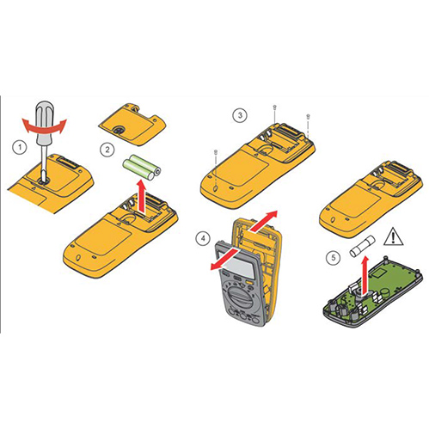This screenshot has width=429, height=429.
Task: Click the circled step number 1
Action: (20, 147)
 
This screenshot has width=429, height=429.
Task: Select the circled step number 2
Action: (107, 150)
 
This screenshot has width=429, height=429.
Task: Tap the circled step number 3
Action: (240, 115)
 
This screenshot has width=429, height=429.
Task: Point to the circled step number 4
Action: (203, 238)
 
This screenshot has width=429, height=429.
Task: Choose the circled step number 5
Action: (333, 257)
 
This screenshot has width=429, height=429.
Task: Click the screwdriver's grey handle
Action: (44, 122)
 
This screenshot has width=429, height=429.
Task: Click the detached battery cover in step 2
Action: (132, 124)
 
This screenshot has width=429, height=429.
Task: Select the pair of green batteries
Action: (142, 167)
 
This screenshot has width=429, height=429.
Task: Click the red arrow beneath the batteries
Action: (141, 196)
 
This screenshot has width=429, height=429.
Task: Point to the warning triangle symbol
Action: (394, 236)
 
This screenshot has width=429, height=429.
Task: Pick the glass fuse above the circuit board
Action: (362, 246)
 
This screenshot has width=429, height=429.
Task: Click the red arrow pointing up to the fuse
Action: (365, 275)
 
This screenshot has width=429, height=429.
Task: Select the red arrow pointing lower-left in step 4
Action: (225, 260)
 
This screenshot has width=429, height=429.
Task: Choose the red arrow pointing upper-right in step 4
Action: (263, 221)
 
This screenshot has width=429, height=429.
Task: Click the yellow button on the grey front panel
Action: (249, 282)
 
